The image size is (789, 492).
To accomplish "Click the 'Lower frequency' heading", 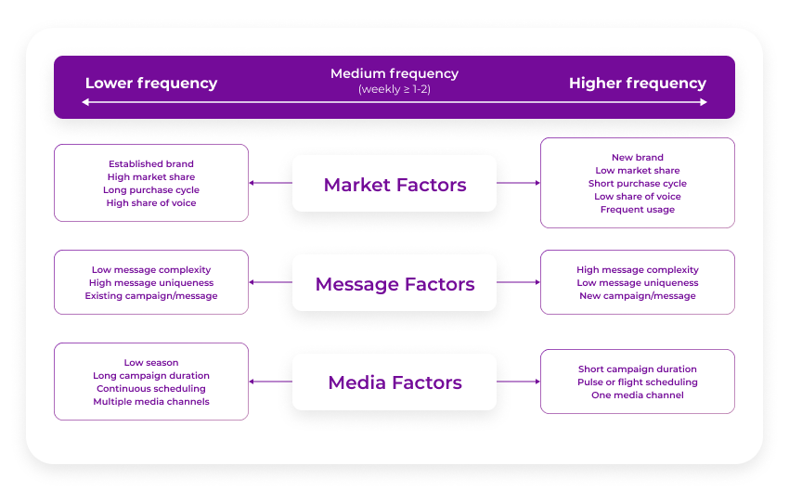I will [x=151, y=83].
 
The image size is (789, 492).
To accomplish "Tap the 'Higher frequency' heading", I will [x=638, y=83].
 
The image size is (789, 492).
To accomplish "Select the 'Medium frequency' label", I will [x=394, y=73].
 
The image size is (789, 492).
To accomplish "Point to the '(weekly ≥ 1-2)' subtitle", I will [x=394, y=89].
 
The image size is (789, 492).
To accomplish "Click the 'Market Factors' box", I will [x=394, y=184].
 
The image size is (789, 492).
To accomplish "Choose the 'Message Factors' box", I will [x=394, y=283].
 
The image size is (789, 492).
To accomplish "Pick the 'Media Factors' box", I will [x=394, y=382].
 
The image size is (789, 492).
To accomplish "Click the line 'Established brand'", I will [x=151, y=164].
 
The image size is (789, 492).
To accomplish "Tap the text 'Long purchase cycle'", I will [x=151, y=190].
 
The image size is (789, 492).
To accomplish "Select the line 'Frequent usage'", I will [x=638, y=210].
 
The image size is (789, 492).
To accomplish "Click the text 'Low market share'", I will [x=638, y=171].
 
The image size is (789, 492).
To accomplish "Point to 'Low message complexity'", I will [x=151, y=270].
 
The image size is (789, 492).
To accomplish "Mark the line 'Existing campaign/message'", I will [x=151, y=296].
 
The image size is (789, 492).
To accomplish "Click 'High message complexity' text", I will [x=638, y=270].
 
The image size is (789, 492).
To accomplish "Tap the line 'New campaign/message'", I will [x=638, y=296].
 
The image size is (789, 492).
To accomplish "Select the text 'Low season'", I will [x=151, y=363].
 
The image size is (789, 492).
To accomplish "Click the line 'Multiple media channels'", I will [x=151, y=402].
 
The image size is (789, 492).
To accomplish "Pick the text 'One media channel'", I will [x=638, y=395].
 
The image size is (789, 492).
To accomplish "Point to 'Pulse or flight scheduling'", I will [x=638, y=382].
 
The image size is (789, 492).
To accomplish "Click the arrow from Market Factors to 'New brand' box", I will [x=518, y=183].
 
